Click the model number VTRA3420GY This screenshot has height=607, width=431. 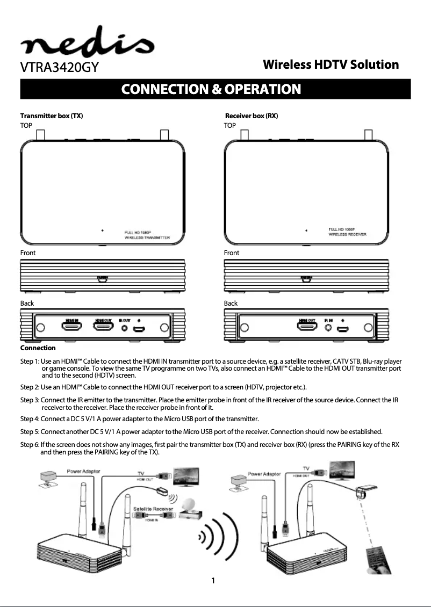59,69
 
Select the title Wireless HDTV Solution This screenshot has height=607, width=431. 331,65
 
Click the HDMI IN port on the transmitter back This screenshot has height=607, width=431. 71,327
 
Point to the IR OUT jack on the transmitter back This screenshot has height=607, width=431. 125,328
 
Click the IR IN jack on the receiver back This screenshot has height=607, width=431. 328,328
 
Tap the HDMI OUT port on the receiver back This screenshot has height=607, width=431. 307,327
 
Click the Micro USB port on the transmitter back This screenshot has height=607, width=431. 139,328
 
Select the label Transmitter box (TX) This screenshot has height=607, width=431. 52,116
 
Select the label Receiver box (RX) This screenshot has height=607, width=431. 251,116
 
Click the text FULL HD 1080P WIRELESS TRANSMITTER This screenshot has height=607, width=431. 147,234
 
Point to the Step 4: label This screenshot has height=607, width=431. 30,418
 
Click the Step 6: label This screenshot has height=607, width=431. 30,445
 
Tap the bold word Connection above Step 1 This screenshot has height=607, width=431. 38,348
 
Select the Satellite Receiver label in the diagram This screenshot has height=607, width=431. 152,508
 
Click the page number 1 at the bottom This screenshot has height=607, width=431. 213,581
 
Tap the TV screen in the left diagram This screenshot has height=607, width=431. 185,475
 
